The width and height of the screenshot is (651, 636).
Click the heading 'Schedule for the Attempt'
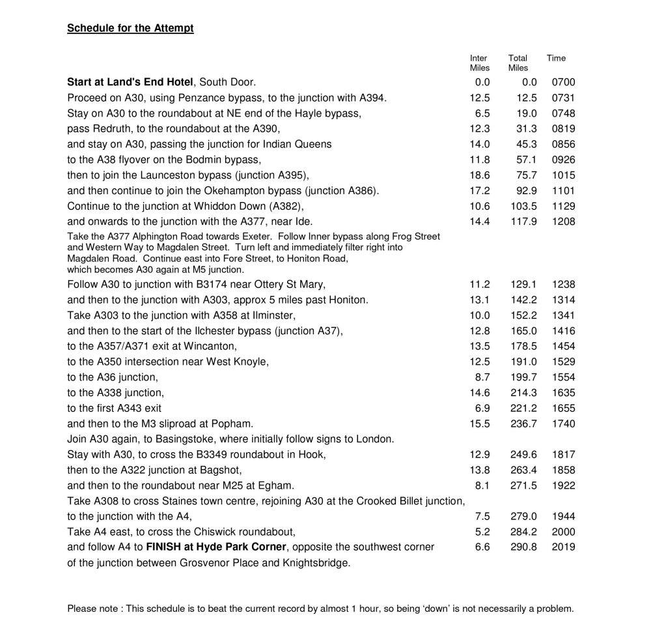tap(130, 29)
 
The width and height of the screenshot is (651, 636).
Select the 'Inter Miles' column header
tap(479, 63)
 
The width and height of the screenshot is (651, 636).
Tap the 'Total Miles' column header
tap(518, 63)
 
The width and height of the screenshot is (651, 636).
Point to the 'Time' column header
tap(556, 59)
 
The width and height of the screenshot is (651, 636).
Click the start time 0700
tap(563, 83)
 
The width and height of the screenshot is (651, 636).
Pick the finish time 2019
tap(563, 547)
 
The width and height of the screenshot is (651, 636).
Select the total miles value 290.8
tap(523, 547)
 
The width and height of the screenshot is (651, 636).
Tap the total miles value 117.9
tap(523, 222)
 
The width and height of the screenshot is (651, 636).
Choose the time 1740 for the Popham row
tap(563, 424)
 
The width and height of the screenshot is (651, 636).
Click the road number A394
tap(372, 98)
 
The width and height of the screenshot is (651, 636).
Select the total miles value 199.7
tap(523, 377)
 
